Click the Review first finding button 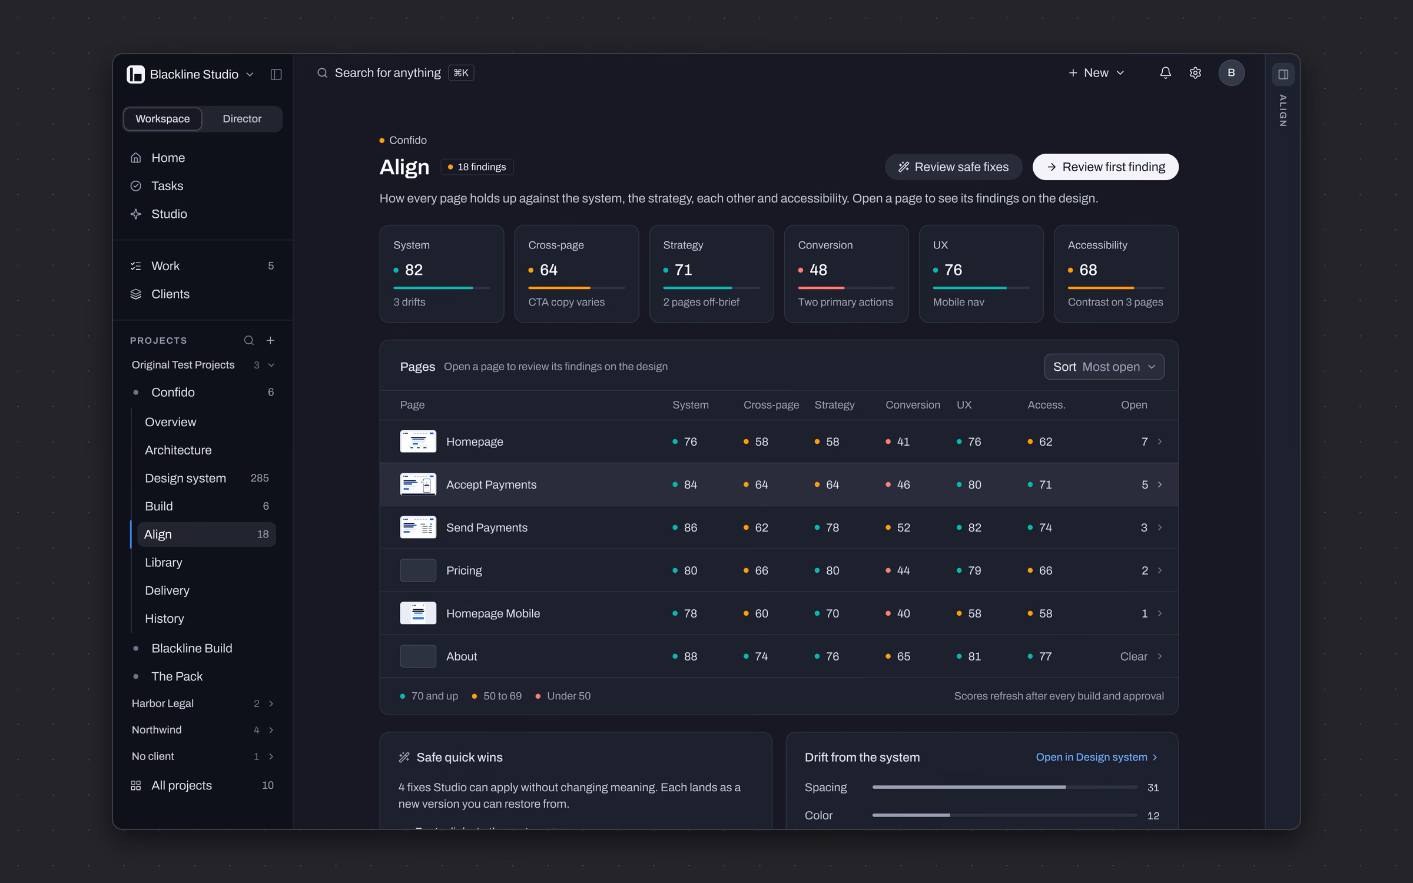[x=1105, y=167]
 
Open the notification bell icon [x=1165, y=73]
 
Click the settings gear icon [x=1195, y=73]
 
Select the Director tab [x=242, y=119]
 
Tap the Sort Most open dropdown [x=1104, y=367]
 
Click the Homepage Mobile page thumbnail [x=418, y=613]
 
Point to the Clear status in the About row [x=1133, y=656]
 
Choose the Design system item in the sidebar [x=185, y=478]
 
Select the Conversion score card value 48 [x=818, y=270]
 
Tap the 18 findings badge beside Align [x=477, y=167]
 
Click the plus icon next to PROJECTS [x=270, y=340]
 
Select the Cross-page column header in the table [x=771, y=405]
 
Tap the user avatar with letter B [x=1231, y=73]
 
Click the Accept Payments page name [x=491, y=484]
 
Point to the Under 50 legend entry [x=563, y=696]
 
